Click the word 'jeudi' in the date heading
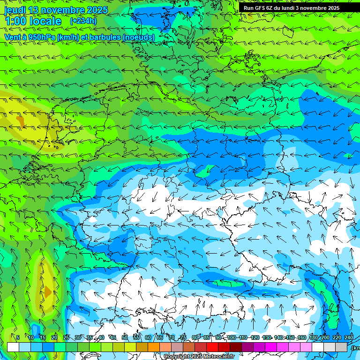click(x=15, y=10)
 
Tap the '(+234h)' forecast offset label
click(x=83, y=21)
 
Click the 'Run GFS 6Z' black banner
click(x=291, y=7)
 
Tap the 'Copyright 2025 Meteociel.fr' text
click(x=199, y=356)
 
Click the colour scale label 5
click(x=18, y=337)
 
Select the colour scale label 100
click(x=232, y=337)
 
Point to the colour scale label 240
click(x=349, y=337)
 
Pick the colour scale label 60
click(x=148, y=337)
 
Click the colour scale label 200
click(x=325, y=337)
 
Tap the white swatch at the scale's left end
click(x=13, y=347)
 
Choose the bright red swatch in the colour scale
click(x=212, y=347)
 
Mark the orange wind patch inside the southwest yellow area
click(x=47, y=292)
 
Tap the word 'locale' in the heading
click(x=45, y=21)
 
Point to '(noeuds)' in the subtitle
click(x=138, y=37)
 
